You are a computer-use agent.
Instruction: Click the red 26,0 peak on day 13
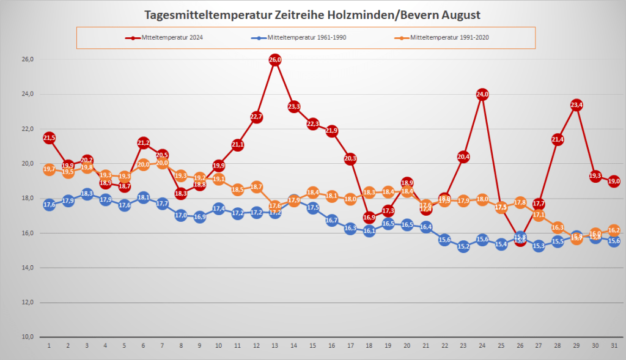click(275, 60)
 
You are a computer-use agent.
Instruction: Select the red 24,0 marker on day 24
click(482, 95)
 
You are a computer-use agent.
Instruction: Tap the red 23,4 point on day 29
click(576, 105)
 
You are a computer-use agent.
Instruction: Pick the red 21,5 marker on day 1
click(50, 138)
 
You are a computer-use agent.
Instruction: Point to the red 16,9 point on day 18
click(369, 218)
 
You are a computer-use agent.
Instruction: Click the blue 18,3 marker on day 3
click(87, 194)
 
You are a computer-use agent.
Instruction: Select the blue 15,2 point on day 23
click(463, 247)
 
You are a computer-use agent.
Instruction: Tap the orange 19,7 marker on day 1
click(50, 170)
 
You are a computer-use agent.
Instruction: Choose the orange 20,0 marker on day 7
click(163, 163)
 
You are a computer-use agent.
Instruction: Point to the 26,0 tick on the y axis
click(28, 59)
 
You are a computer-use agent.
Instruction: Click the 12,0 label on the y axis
click(28, 303)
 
